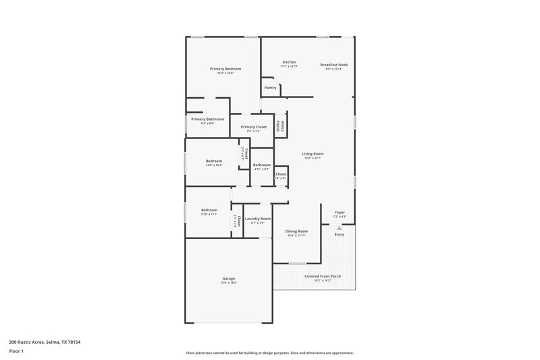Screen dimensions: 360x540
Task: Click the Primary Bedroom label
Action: pos(225,69)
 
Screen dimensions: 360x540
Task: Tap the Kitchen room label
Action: pos(289,62)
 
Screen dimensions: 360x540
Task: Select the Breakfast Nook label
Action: pos(334,65)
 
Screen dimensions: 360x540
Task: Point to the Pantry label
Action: pos(270,88)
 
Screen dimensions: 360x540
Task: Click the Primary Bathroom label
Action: pos(207,119)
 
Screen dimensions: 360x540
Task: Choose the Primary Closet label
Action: pos(253,127)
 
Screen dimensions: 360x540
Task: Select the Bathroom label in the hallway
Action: pos(262,165)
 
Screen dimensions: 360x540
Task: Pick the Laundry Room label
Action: pos(258,218)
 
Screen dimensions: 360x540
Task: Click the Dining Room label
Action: pos(298,231)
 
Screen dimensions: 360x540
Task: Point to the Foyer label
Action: pos(340,213)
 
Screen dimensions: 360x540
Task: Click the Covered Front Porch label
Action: pos(321,276)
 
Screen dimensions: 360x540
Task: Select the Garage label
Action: pos(229,278)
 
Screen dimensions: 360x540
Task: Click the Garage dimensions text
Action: pos(229,283)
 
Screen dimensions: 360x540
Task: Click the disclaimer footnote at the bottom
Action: pos(269,353)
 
